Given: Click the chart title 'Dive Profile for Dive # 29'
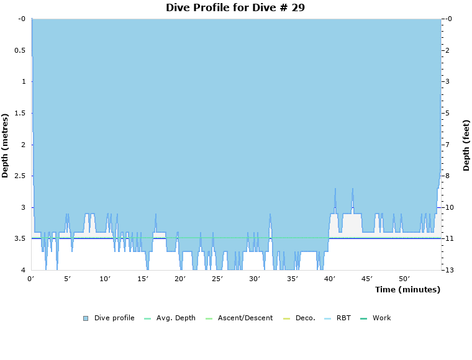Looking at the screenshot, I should pos(235,7).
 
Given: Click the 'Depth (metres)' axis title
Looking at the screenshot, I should pos(6,145).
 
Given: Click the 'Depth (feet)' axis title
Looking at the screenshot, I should pos(466,145).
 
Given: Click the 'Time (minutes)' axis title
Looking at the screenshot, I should pos(407,289).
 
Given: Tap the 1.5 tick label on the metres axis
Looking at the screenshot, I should pos(20,113).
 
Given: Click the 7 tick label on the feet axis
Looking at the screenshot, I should pos(448,145).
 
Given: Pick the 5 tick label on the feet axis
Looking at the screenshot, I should pos(448,113).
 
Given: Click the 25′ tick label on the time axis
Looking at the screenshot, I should pos(218,279).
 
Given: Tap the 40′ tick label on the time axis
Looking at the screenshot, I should pos(330,279).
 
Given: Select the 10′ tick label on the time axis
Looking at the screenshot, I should pos(106,279).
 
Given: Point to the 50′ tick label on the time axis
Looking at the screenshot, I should pos(404,279).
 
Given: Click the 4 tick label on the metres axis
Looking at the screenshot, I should pos(22,270).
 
